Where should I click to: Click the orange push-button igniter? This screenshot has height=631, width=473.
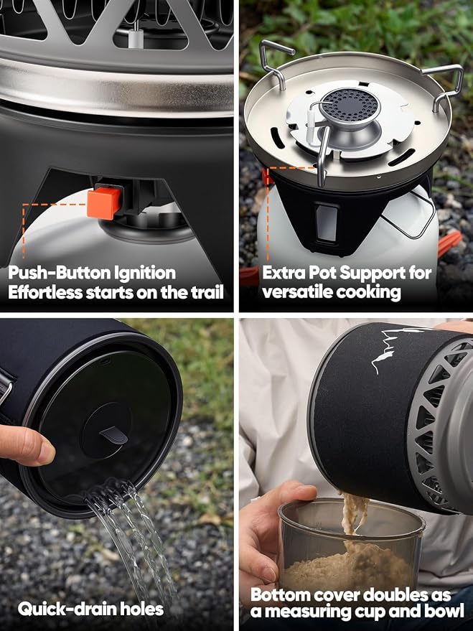[x=105, y=202]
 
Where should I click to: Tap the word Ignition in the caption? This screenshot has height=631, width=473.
[x=145, y=274]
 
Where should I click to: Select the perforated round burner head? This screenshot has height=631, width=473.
[x=350, y=107]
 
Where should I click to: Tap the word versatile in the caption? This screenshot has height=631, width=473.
[x=297, y=293]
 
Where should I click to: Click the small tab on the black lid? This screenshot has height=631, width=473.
[x=114, y=436]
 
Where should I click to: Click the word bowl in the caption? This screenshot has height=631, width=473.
[x=445, y=611]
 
